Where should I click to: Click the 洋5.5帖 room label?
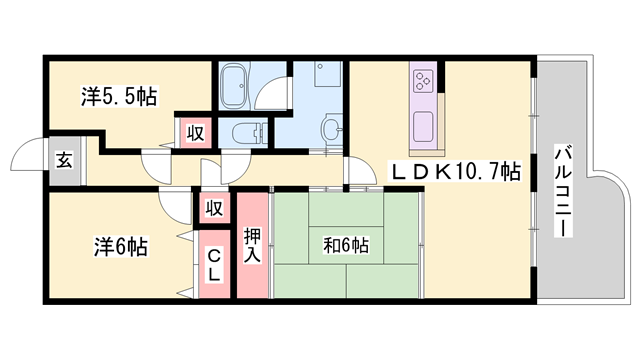[119, 97]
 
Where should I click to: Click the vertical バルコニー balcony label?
[563, 191]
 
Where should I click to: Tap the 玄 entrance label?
[62, 160]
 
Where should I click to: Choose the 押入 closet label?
[252, 245]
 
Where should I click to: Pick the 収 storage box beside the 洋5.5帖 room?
[190, 132]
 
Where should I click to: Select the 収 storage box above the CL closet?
[213, 208]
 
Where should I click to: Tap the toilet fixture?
[246, 132]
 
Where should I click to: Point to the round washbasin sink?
[330, 128]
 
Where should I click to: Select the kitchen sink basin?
[421, 127]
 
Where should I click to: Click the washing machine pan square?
[327, 77]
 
